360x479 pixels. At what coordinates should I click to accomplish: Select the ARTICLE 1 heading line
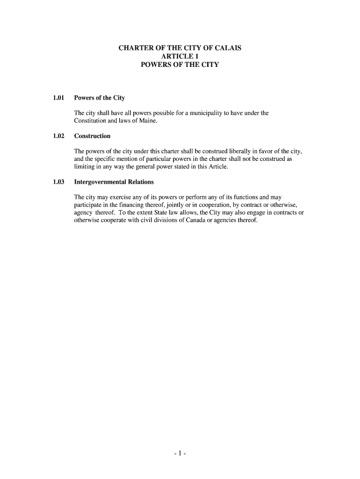(180, 56)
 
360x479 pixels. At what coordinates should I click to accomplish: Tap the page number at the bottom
(180, 453)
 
